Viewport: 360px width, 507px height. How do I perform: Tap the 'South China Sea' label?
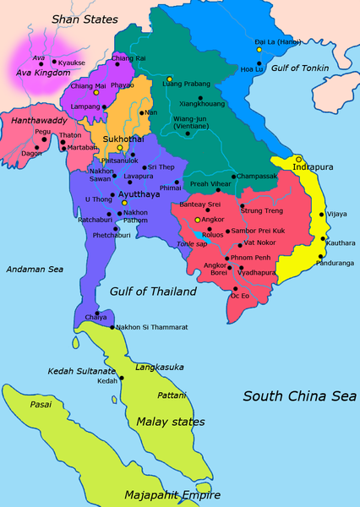pyautogui.click(x=299, y=395)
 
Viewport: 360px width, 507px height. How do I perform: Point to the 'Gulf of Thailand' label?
pyautogui.click(x=152, y=291)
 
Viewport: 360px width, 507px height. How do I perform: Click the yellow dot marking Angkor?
pyautogui.click(x=198, y=220)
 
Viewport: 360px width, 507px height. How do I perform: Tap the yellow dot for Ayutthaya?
pyautogui.click(x=124, y=203)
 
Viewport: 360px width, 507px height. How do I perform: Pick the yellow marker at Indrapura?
pyautogui.click(x=298, y=158)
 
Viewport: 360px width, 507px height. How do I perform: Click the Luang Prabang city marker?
pyautogui.click(x=169, y=79)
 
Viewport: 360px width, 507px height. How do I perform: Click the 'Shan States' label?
pyautogui.click(x=85, y=18)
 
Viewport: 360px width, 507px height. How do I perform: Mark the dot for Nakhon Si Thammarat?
pyautogui.click(x=112, y=327)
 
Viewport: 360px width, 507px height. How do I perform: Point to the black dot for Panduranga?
pyautogui.click(x=320, y=256)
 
